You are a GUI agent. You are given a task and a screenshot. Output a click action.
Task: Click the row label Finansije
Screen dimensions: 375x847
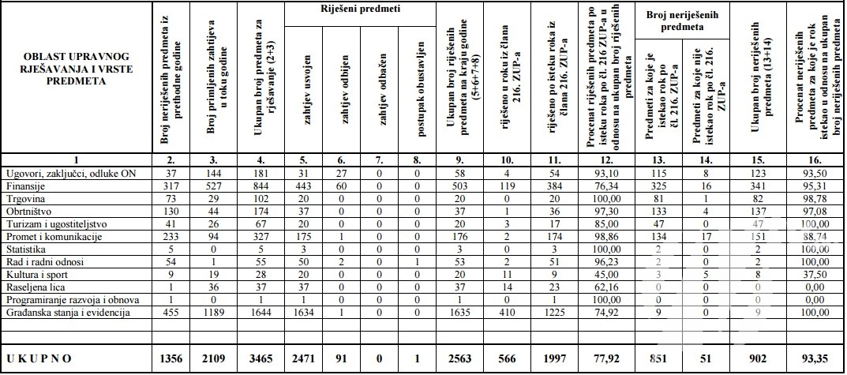[26, 186]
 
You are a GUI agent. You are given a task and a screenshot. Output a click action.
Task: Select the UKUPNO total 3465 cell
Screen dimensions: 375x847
[258, 358]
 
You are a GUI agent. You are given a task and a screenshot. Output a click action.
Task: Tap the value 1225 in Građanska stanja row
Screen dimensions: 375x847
[555, 312]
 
